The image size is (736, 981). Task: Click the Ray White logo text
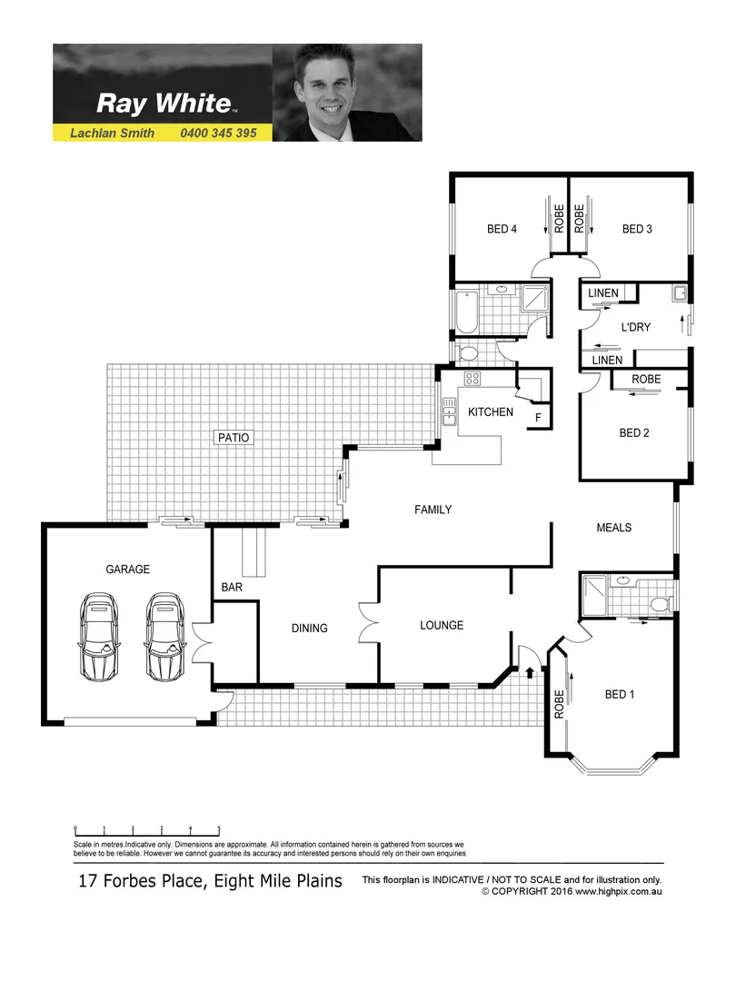coord(164,103)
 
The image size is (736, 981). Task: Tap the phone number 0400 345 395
coord(219,133)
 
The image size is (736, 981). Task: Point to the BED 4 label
coord(502,229)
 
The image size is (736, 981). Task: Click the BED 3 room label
coord(637,229)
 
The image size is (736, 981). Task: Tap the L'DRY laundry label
coord(635,327)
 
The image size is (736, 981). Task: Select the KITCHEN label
coord(491,411)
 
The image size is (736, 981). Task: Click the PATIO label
coord(233,437)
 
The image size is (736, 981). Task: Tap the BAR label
coord(232,588)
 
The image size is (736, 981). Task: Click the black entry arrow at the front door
coord(531,673)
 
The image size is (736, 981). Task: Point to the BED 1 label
coord(620,695)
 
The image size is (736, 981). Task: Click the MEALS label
coord(613,527)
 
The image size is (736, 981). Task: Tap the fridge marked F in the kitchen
coord(538,418)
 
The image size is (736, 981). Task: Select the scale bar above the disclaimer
coord(147,829)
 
